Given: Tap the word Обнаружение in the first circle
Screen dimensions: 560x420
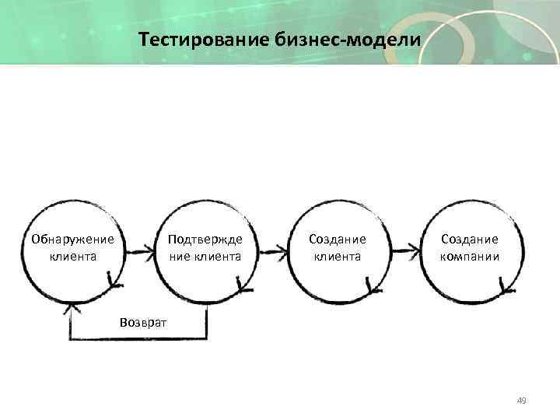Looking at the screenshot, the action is click(x=72, y=240).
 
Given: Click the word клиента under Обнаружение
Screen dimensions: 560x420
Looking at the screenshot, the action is click(x=72, y=256).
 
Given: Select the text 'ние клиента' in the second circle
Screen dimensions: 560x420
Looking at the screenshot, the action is click(x=205, y=256).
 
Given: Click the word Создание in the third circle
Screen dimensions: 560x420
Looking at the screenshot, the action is click(x=337, y=240).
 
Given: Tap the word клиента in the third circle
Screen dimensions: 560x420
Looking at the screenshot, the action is click(x=337, y=256).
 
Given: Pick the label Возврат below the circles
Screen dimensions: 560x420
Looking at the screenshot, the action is click(x=143, y=321).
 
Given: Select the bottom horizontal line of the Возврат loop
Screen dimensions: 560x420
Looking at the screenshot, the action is click(x=139, y=339).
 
